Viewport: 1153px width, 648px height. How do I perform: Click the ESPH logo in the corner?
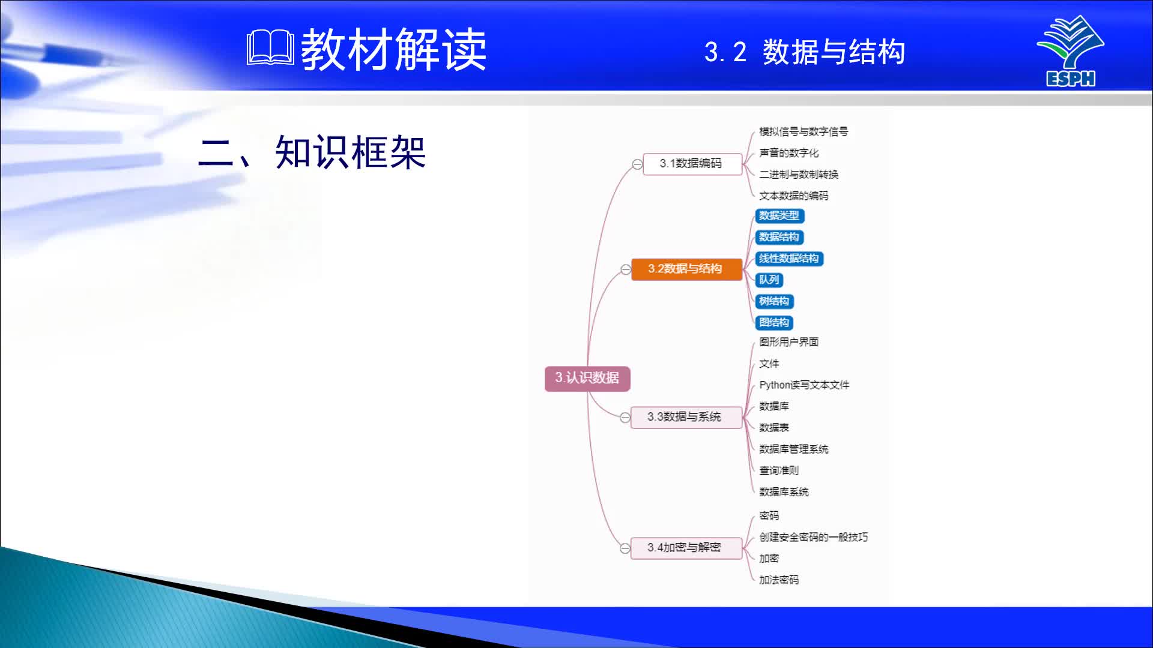coord(1070,51)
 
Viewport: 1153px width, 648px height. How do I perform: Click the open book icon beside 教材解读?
coord(270,48)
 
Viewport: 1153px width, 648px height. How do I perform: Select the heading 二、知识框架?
coord(312,152)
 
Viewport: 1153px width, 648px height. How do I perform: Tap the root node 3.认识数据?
coord(587,378)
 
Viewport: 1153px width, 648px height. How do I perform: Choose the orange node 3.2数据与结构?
coord(685,269)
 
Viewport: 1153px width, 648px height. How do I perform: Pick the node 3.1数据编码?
coord(692,163)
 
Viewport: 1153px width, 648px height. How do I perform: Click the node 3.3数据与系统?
coord(685,417)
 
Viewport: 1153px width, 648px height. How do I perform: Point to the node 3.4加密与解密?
coord(685,548)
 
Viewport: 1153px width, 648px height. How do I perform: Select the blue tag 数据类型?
coord(779,216)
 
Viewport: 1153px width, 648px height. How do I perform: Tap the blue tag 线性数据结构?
coord(788,259)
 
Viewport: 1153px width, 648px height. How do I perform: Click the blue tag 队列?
coord(769,280)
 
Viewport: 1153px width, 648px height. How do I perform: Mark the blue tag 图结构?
coord(774,323)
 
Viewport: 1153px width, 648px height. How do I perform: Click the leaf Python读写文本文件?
coord(804,385)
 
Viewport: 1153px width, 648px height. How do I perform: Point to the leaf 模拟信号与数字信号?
coord(803,132)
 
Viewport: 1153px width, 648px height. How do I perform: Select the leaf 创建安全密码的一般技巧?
coord(813,537)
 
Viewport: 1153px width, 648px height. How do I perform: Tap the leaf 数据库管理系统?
coord(793,449)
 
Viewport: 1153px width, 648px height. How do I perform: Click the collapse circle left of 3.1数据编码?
coord(637,164)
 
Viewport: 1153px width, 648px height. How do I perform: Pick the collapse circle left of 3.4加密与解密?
coord(625,548)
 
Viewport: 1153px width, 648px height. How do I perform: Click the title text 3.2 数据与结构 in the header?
coord(805,52)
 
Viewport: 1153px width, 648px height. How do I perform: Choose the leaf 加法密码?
coord(779,580)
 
